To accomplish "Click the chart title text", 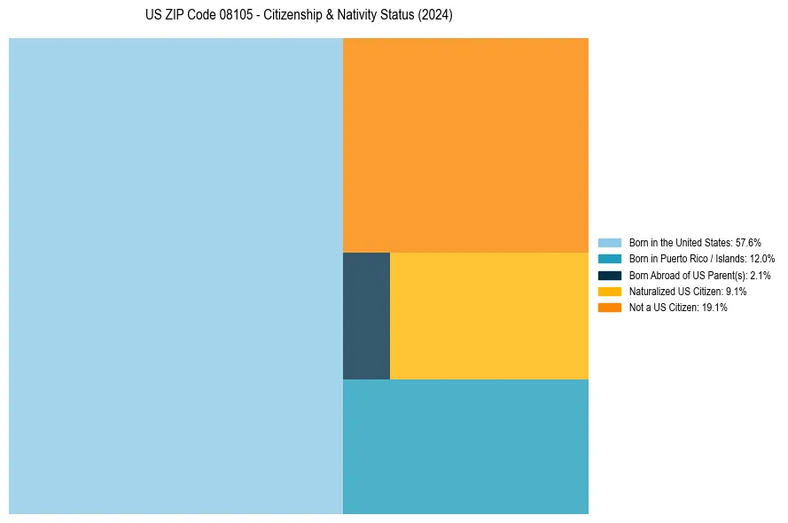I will click(x=299, y=16).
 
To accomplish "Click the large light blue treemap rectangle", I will click(x=176, y=276).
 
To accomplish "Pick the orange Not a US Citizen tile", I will click(x=465, y=145).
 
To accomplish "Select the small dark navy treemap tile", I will click(x=366, y=316).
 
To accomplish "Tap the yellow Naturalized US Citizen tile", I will click(x=488, y=316).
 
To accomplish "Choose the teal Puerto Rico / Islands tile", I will click(x=465, y=446).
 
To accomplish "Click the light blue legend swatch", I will click(x=610, y=242).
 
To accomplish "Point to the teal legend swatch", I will click(x=610, y=259).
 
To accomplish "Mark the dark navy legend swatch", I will click(x=610, y=275).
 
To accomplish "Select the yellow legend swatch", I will click(x=610, y=291).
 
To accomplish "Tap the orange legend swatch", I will click(x=610, y=307).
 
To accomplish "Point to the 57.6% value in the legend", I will click(x=748, y=242).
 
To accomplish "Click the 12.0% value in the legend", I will click(x=762, y=259).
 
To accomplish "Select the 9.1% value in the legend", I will click(x=735, y=292).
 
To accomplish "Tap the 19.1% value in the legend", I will click(x=714, y=308).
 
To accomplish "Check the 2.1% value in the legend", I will click(x=760, y=276).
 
